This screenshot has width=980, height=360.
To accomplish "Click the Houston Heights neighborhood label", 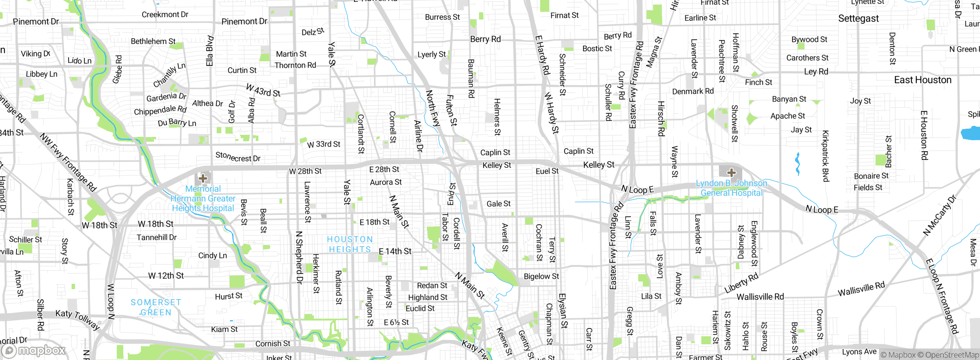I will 350,244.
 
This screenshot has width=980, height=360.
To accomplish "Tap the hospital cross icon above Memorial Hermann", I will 203,178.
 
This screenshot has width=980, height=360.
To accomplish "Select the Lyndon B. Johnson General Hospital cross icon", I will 731,172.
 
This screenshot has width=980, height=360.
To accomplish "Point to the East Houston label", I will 923,80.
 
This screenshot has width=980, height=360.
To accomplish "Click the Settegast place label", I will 858,18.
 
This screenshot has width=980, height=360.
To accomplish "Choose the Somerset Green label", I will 156,307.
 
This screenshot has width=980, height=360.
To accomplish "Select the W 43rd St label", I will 263,90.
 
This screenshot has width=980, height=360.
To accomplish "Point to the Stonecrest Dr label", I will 238,157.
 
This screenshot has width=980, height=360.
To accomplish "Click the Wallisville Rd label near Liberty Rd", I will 760,296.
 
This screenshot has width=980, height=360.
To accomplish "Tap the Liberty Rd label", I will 741,283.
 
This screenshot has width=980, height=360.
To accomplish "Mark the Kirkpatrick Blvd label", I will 825,156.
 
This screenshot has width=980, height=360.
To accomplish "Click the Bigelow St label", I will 541,276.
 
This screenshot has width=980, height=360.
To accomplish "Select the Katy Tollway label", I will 77,319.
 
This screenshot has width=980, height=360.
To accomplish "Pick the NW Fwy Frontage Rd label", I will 68,162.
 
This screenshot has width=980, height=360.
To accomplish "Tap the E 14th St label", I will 395,251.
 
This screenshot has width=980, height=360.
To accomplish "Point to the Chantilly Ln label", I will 169,75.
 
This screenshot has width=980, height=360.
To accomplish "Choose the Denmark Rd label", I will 693,91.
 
